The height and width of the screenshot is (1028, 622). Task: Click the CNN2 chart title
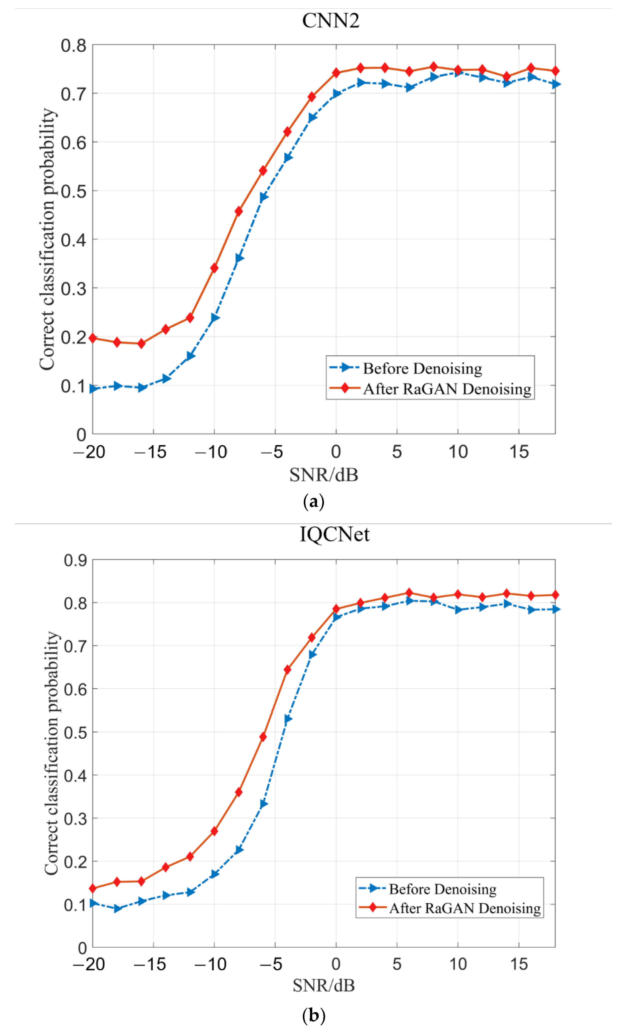click(x=330, y=20)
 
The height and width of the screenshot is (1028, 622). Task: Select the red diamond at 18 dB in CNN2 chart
click(x=555, y=71)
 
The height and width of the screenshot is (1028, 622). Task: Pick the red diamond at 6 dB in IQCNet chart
click(x=409, y=593)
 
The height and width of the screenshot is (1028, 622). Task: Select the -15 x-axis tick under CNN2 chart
click(x=151, y=452)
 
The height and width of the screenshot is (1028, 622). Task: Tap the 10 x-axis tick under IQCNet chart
click(x=458, y=964)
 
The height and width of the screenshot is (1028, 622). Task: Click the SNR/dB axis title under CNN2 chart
click(x=324, y=475)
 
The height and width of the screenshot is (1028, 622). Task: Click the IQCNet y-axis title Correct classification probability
click(x=52, y=753)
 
